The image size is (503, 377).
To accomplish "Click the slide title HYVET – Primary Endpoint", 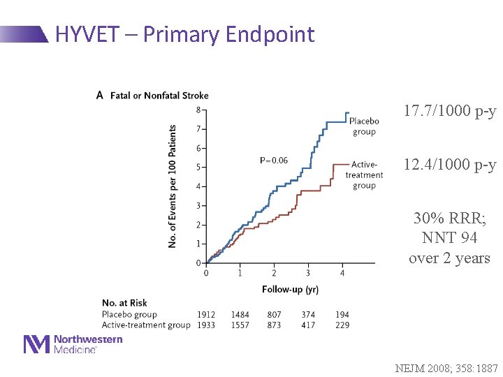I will [x=184, y=34].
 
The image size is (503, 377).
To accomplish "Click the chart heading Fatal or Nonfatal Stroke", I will [x=159, y=96].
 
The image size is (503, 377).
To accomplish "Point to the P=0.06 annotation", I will [x=273, y=161].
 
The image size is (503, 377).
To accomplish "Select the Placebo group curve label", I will [x=363, y=126].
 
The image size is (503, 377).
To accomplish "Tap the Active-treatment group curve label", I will [x=363, y=175].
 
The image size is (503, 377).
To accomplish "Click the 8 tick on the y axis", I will [x=198, y=110].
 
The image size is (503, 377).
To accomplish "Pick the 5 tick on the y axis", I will [x=198, y=168].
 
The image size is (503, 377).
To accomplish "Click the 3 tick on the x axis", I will [x=307, y=272].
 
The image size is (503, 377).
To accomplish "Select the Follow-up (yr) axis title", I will [x=290, y=289].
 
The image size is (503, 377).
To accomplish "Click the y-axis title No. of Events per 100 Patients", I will [x=173, y=186].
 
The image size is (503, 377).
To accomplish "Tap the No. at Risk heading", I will [x=124, y=303].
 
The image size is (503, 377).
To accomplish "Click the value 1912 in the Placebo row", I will [x=206, y=315].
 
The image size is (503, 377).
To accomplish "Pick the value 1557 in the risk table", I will [x=240, y=325].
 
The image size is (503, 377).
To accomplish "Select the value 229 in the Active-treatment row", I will [x=342, y=325].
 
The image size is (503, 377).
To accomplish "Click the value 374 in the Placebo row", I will [x=308, y=315].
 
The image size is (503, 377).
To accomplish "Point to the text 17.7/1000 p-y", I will [x=450, y=111].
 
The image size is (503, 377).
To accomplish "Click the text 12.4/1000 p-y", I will [x=450, y=165].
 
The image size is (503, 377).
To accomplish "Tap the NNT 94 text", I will [x=450, y=237].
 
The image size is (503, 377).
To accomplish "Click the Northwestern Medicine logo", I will [x=73, y=343].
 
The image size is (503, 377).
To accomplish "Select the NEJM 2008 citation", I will [x=446, y=368].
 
